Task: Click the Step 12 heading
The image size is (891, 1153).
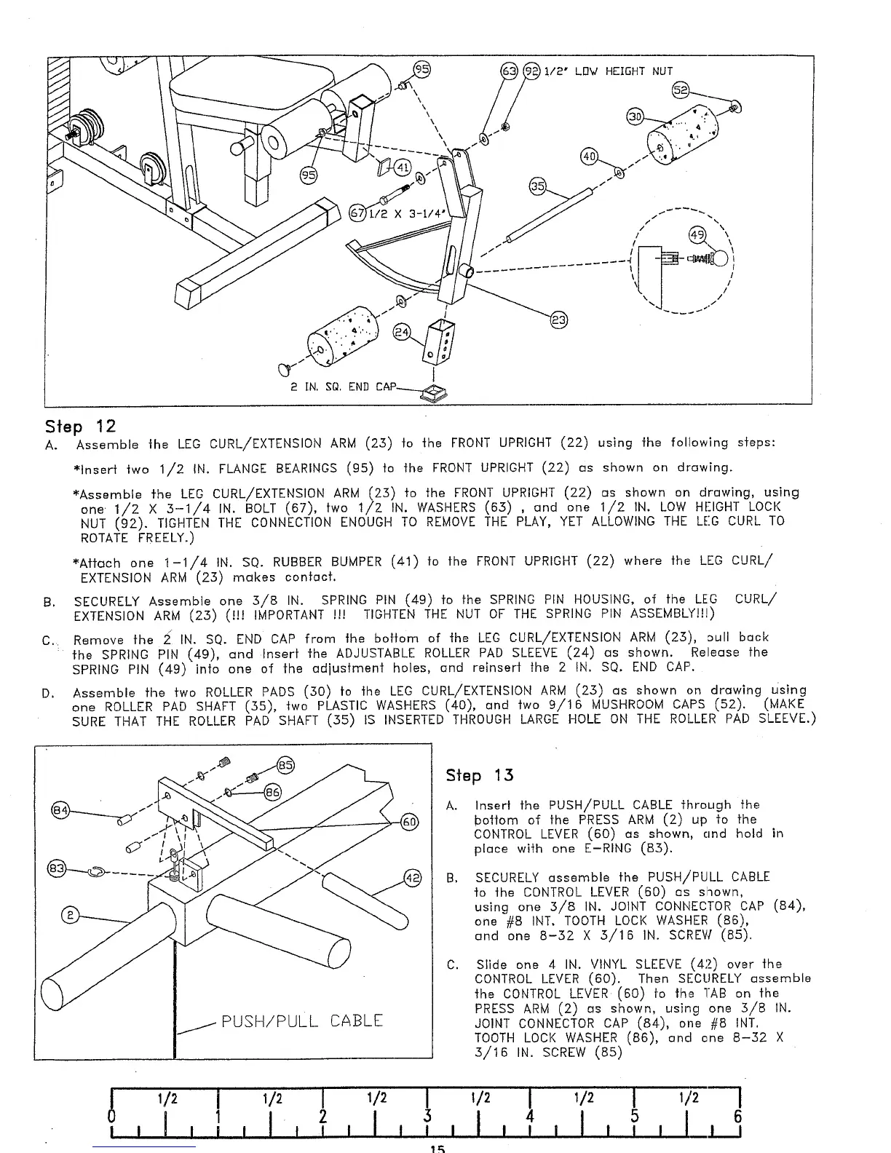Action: point(80,425)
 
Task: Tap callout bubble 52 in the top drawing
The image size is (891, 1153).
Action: point(681,92)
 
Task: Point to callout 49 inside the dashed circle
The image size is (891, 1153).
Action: point(697,234)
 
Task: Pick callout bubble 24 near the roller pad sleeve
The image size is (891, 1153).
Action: point(401,332)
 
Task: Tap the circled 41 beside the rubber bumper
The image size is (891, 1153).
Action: point(401,170)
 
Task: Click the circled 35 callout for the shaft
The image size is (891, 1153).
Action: point(538,186)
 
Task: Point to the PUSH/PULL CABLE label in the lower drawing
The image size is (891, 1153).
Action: point(302,1021)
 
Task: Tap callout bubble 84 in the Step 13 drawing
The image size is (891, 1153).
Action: point(60,810)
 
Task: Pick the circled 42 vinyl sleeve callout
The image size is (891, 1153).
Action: point(412,878)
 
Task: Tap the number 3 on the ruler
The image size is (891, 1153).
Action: point(428,1117)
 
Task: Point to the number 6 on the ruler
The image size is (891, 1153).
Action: point(737,1117)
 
